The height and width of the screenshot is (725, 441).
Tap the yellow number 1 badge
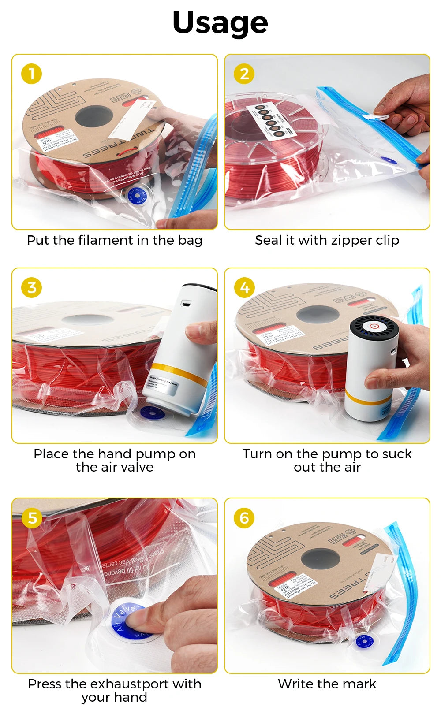[31, 74]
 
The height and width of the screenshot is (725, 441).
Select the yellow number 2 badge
[244, 74]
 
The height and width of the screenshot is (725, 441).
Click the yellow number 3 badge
[31, 287]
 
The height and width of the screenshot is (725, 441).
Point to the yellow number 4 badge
[244, 287]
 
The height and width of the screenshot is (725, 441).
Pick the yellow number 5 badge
[31, 518]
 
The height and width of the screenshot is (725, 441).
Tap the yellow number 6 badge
[244, 518]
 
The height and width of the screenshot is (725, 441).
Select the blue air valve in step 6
[364, 641]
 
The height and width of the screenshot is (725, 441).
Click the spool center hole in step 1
[94, 117]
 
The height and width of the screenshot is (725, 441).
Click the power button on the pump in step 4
[374, 327]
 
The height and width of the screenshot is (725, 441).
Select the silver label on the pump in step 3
[164, 381]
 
